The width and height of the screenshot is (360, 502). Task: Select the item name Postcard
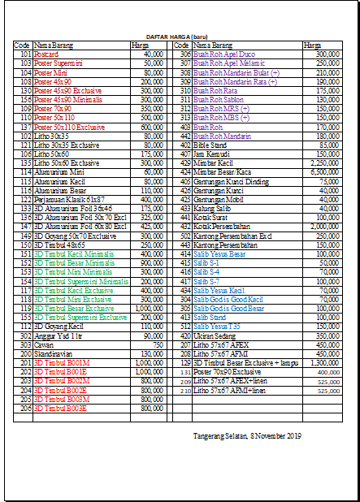point(46,54)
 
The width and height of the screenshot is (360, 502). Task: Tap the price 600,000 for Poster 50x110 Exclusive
point(152,128)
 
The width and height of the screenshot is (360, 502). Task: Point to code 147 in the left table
point(24,226)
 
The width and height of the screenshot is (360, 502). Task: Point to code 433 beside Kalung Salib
point(185,208)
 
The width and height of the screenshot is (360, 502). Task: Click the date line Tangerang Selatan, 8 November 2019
point(247,437)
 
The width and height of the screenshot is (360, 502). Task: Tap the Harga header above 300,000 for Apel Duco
point(311,45)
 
